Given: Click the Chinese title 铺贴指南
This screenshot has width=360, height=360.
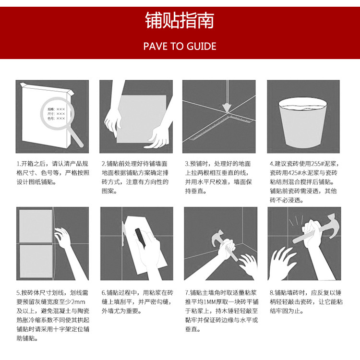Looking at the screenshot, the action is pyautogui.click(x=180, y=20).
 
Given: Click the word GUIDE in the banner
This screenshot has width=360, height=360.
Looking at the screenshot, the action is pyautogui.click(x=201, y=47).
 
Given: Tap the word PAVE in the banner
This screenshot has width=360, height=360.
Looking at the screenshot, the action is pyautogui.click(x=155, y=47).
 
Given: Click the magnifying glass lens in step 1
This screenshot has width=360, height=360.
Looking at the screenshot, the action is pyautogui.click(x=57, y=113).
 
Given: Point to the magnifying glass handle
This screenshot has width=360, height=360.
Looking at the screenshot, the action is pyautogui.click(x=76, y=137).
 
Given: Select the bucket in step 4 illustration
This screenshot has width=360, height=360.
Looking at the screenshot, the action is pyautogui.click(x=303, y=122).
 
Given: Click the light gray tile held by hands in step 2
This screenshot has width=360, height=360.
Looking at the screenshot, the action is pyautogui.click(x=141, y=119).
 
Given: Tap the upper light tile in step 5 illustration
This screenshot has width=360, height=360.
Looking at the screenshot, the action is pyautogui.click(x=36, y=226).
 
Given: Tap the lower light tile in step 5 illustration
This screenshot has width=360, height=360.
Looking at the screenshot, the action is pyautogui.click(x=36, y=261).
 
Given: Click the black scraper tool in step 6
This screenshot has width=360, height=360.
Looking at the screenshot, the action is pyautogui.click(x=141, y=238).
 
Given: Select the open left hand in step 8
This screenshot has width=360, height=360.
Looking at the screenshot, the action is pyautogui.click(x=282, y=264).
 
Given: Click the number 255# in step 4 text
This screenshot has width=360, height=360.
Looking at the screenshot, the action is pyautogui.click(x=314, y=164).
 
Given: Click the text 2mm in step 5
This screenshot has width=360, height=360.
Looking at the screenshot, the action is pyautogui.click(x=78, y=302).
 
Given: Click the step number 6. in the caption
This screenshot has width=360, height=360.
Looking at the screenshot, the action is pyautogui.click(x=104, y=293).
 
